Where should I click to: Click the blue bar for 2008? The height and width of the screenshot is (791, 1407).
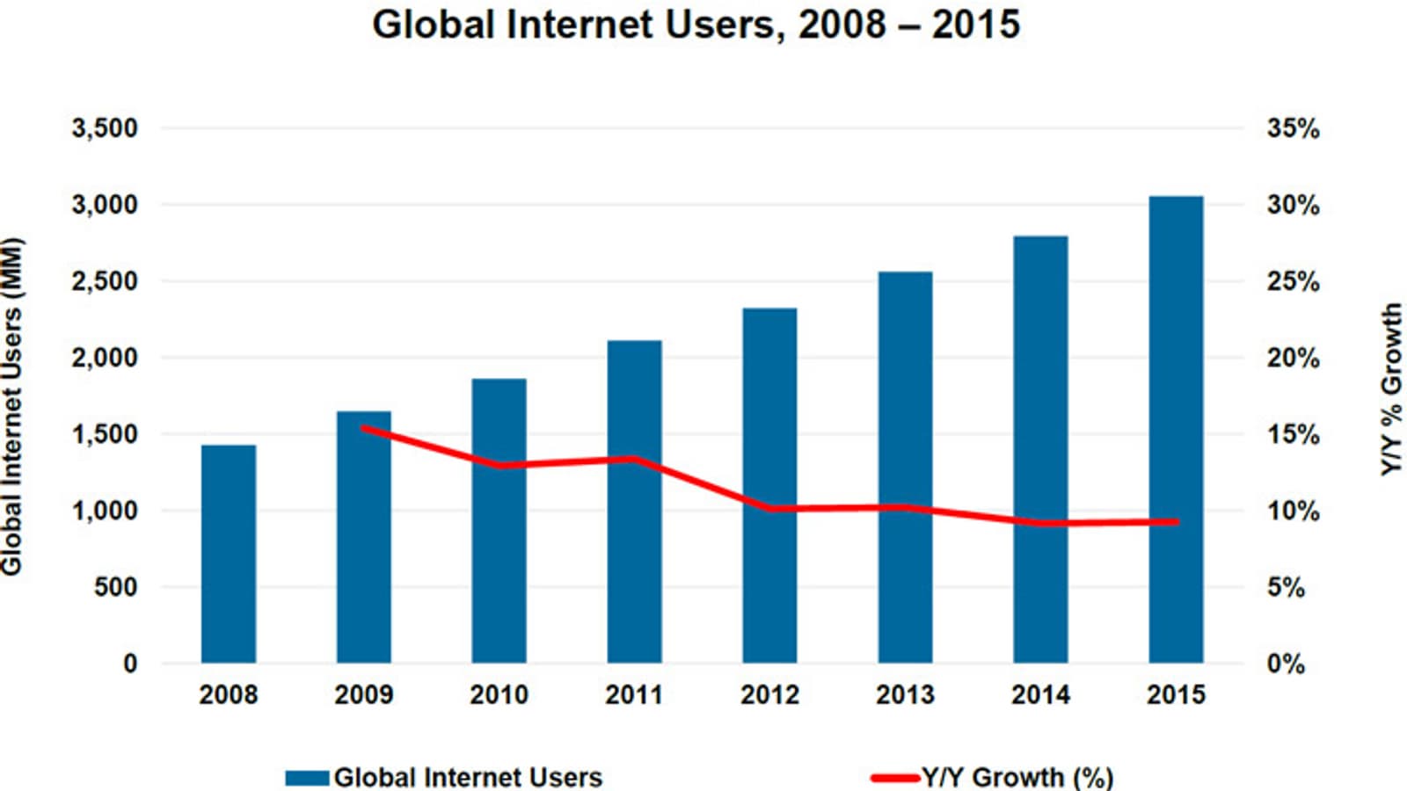coord(229,554)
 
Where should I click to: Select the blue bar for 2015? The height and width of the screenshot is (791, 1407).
coord(1176,430)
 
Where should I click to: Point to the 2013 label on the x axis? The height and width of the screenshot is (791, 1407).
coord(905,695)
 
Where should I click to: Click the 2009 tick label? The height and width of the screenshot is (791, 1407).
coord(363,695)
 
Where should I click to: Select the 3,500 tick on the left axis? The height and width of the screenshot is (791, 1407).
coord(105,128)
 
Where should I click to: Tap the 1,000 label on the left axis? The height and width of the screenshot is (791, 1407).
coord(105,511)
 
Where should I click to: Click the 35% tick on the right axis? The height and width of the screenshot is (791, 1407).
coord(1293,128)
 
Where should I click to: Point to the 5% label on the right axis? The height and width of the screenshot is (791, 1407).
coord(1286,587)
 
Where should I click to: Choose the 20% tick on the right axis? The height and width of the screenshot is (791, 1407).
coord(1293,358)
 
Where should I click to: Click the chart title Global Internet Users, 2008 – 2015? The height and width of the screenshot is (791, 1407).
coord(696,24)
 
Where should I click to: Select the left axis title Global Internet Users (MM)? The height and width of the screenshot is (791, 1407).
coord(12,407)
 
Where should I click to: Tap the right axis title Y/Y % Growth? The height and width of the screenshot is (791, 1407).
coord(1391,389)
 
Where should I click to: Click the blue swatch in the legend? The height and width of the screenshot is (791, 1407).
coord(307,778)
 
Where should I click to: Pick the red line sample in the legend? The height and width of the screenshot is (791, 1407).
coord(895,778)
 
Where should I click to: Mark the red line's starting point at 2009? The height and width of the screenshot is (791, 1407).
coord(364,428)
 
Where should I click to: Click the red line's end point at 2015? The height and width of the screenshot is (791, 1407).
coord(1176,522)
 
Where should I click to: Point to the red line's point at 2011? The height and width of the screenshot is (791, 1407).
coord(634,459)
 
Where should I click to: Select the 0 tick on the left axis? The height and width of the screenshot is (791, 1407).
coord(130,664)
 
